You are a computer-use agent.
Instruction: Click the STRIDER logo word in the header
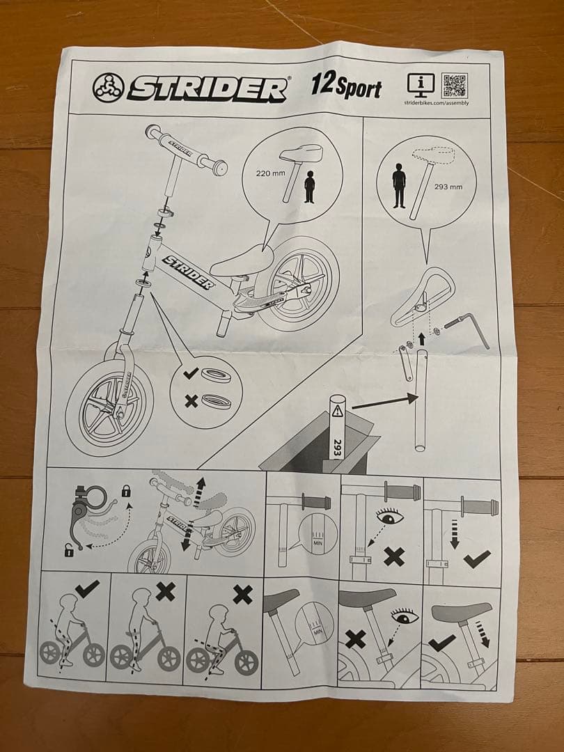click(x=207, y=88)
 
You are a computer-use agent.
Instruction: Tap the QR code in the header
click(x=455, y=86)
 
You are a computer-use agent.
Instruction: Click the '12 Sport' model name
click(x=346, y=88)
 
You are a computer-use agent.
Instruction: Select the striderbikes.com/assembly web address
click(x=437, y=103)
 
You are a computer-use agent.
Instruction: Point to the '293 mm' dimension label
click(x=448, y=187)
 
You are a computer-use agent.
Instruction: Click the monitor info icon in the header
click(x=421, y=86)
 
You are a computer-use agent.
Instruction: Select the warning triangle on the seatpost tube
click(x=338, y=409)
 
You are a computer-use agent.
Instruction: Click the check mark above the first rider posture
click(x=88, y=590)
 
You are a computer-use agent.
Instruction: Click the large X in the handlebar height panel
click(x=393, y=556)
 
